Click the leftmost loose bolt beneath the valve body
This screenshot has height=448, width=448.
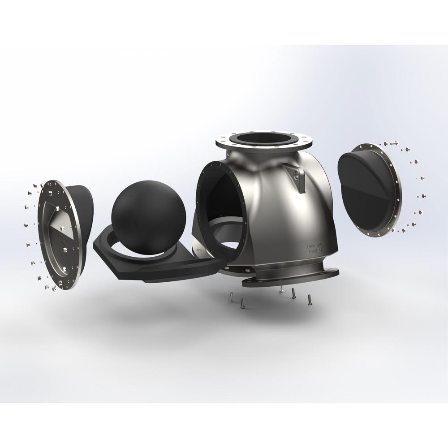[x=230, y=296]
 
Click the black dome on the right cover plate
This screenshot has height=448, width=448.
[x=363, y=188]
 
